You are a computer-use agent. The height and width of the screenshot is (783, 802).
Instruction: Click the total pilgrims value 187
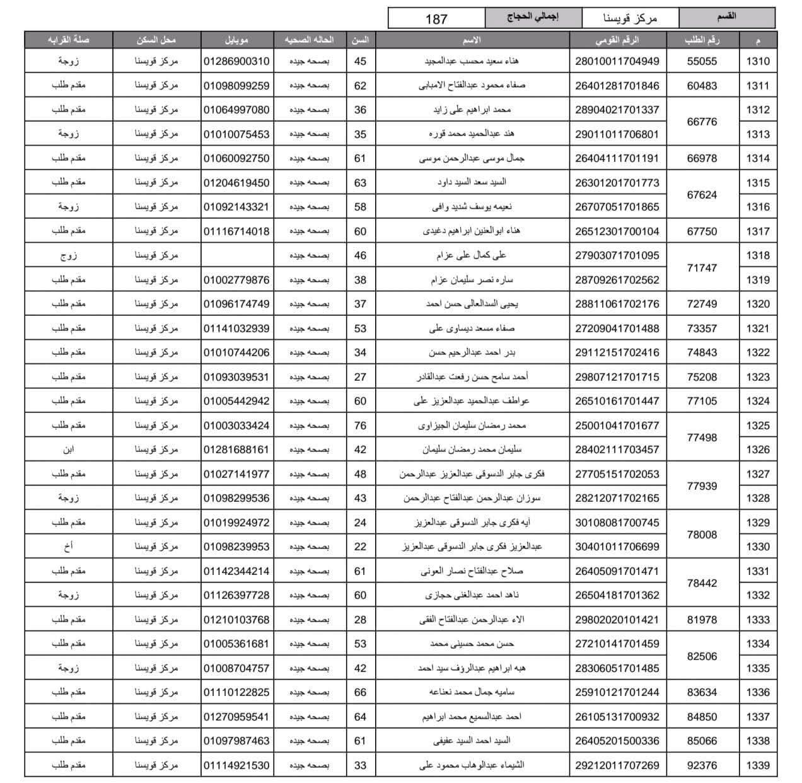436,19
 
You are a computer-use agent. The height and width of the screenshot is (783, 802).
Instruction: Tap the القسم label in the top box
726,17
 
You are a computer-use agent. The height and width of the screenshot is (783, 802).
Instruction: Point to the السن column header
360,40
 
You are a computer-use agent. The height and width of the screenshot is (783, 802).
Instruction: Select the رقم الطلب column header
702,40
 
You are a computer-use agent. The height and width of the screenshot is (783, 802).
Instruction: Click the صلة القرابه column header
68,40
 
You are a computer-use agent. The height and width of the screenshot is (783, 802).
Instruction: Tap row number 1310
757,62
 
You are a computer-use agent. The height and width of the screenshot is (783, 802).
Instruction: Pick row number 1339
757,765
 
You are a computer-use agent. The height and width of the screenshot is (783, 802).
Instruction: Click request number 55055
702,62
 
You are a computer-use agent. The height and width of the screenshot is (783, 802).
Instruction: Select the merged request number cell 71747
702,268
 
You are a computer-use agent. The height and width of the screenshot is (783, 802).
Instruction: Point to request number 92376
702,765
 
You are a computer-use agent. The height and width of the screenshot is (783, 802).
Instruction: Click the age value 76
360,426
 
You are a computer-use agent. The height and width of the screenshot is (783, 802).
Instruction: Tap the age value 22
360,547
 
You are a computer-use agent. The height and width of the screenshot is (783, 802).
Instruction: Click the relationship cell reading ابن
68,450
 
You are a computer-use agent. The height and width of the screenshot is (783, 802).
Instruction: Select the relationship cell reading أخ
68,547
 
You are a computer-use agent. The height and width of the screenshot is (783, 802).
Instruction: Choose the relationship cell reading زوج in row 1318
68,255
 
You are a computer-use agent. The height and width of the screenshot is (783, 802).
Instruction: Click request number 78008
702,535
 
